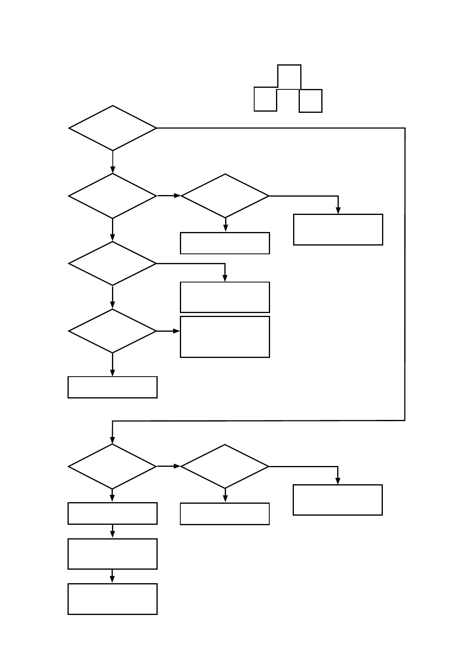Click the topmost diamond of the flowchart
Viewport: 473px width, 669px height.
[113, 128]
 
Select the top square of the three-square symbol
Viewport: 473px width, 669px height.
[289, 77]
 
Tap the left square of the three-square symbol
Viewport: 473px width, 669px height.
[265, 99]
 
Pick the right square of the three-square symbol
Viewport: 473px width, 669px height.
[311, 101]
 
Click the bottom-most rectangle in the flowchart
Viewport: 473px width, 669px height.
[112, 599]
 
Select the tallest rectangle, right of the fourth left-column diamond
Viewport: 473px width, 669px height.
[225, 337]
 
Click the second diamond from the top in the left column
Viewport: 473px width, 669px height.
[113, 196]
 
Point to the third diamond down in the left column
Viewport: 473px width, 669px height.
[113, 263]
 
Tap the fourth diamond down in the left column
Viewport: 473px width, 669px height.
[113, 331]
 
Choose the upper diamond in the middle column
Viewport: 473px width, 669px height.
[225, 196]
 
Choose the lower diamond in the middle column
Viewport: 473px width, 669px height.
[225, 466]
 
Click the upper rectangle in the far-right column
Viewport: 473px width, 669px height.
[338, 230]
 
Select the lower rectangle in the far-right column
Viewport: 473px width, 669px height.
[338, 500]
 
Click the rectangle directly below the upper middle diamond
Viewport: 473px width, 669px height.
[225, 243]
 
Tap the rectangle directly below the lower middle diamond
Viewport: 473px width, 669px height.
[225, 514]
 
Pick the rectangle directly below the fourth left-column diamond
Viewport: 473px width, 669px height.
[112, 387]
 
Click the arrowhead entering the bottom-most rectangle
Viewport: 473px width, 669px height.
[112, 580]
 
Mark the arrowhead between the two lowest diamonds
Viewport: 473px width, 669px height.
[177, 466]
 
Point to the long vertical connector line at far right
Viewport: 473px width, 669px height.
[405, 274]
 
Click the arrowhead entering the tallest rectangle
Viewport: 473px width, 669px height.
[177, 331]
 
